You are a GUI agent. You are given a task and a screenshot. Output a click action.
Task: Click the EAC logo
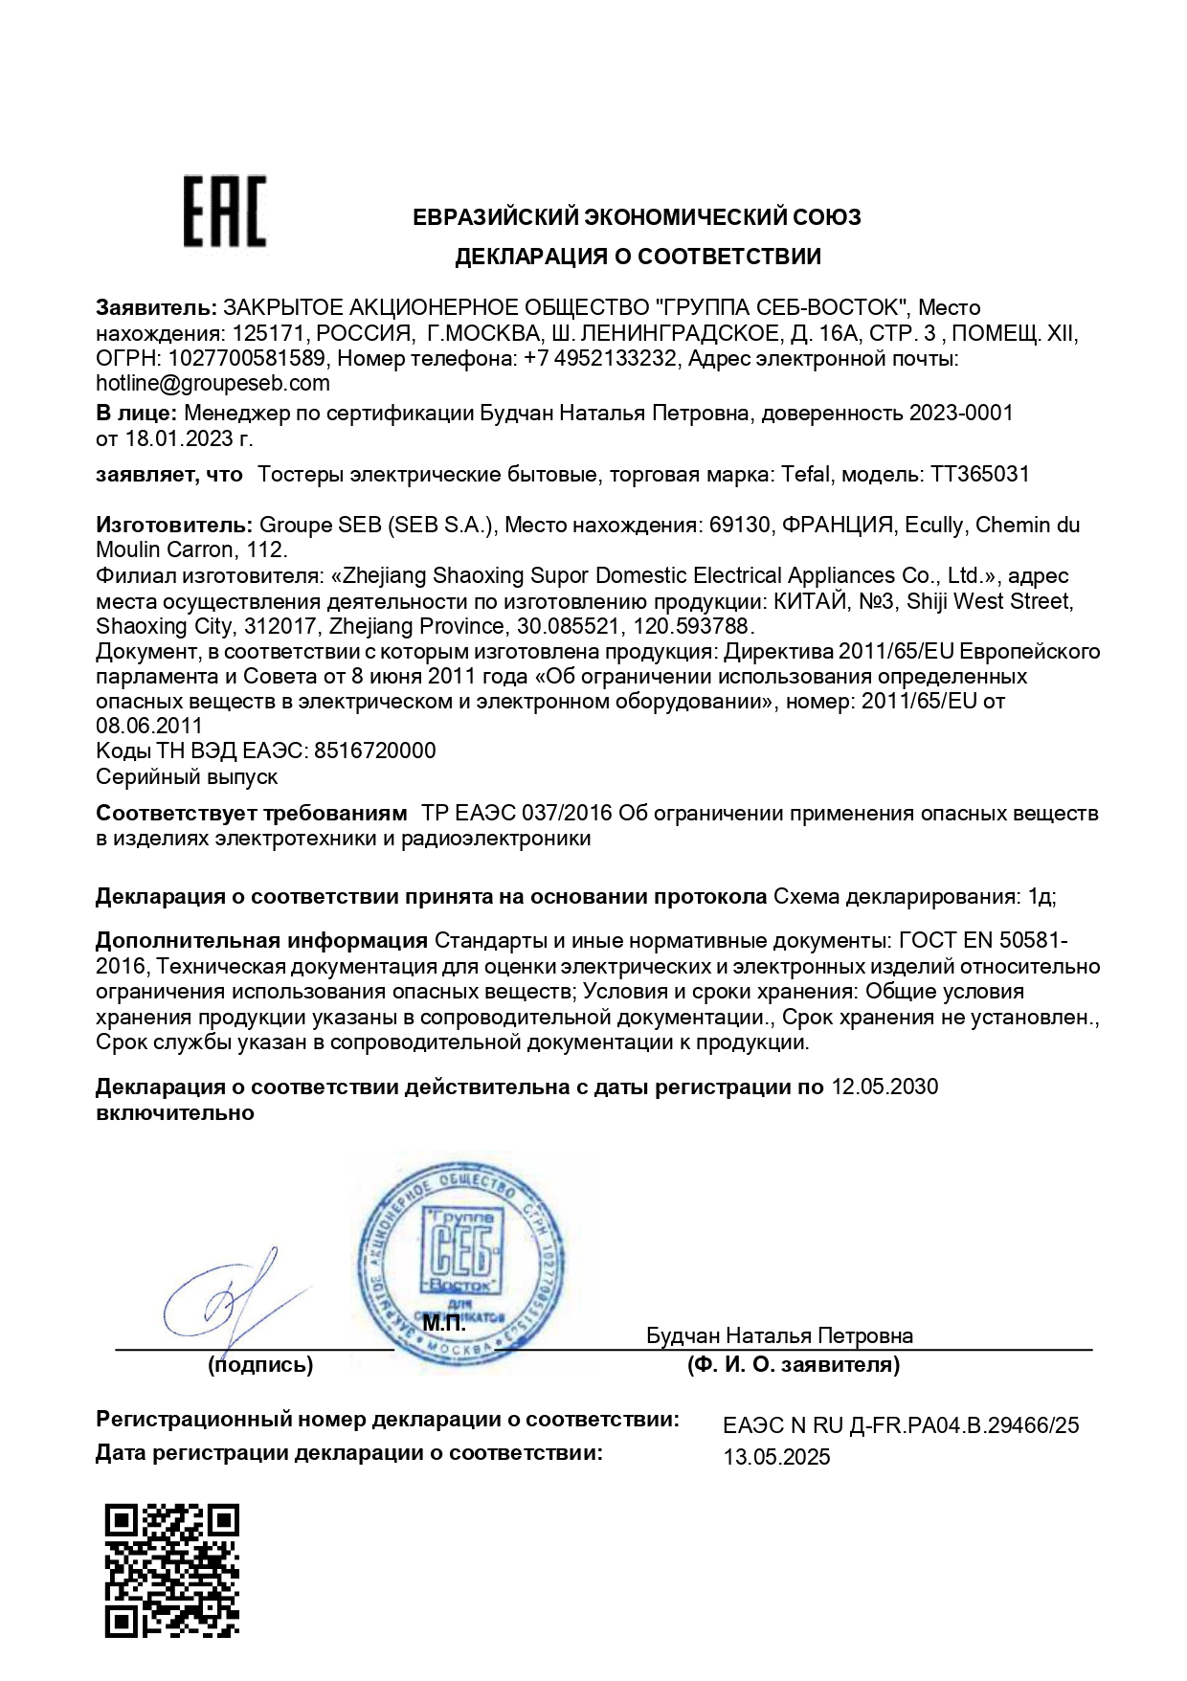(x=225, y=212)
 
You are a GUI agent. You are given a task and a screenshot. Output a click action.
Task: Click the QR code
(x=171, y=1570)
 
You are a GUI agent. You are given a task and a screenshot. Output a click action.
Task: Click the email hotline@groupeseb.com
(x=213, y=384)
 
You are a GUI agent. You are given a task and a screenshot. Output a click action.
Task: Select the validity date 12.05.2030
(x=885, y=1087)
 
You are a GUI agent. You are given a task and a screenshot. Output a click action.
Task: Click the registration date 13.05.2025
(x=776, y=1457)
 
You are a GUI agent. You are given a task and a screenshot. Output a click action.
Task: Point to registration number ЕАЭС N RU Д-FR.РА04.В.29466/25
(x=901, y=1425)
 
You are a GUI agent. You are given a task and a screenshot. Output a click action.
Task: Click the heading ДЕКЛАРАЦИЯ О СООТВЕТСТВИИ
(x=638, y=257)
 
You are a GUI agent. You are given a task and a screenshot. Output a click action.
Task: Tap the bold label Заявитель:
(x=156, y=308)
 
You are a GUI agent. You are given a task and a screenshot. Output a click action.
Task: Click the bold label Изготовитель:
(x=174, y=525)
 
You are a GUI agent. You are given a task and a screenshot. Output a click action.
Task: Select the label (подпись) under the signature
(x=260, y=1365)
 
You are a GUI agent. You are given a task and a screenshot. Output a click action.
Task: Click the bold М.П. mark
(x=444, y=1325)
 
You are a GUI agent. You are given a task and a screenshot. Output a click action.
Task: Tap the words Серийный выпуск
(x=188, y=776)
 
